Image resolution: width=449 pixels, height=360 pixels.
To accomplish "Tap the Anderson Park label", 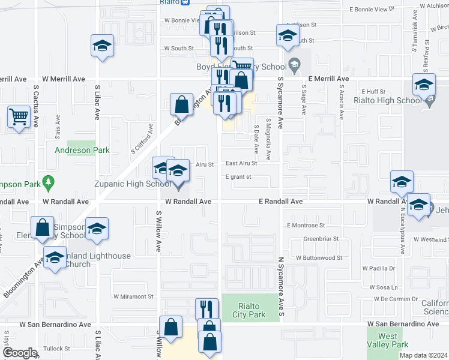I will point(82,150).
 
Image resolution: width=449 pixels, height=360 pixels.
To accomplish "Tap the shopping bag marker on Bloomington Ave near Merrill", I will point(181,105).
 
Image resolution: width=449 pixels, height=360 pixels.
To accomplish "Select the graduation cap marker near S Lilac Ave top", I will point(102,46).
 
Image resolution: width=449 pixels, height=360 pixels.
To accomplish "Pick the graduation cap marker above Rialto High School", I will point(424,85).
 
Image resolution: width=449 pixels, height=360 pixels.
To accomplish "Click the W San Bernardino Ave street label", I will point(55,324).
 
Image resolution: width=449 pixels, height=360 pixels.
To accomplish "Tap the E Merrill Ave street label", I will point(328,79).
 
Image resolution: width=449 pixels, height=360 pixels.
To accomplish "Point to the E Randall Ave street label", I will point(281,202).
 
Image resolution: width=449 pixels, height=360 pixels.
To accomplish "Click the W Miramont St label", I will point(133,296).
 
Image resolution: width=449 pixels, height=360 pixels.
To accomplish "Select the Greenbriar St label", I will point(321,238).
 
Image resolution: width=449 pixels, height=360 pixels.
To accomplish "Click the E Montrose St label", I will point(306,225).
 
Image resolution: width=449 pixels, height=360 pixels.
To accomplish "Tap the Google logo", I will point(20,353).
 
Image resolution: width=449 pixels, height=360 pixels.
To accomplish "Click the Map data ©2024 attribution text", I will point(423,355).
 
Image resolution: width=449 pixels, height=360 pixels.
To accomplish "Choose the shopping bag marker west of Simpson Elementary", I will point(42,228).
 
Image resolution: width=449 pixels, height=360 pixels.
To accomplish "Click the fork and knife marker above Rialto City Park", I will point(206,309).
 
